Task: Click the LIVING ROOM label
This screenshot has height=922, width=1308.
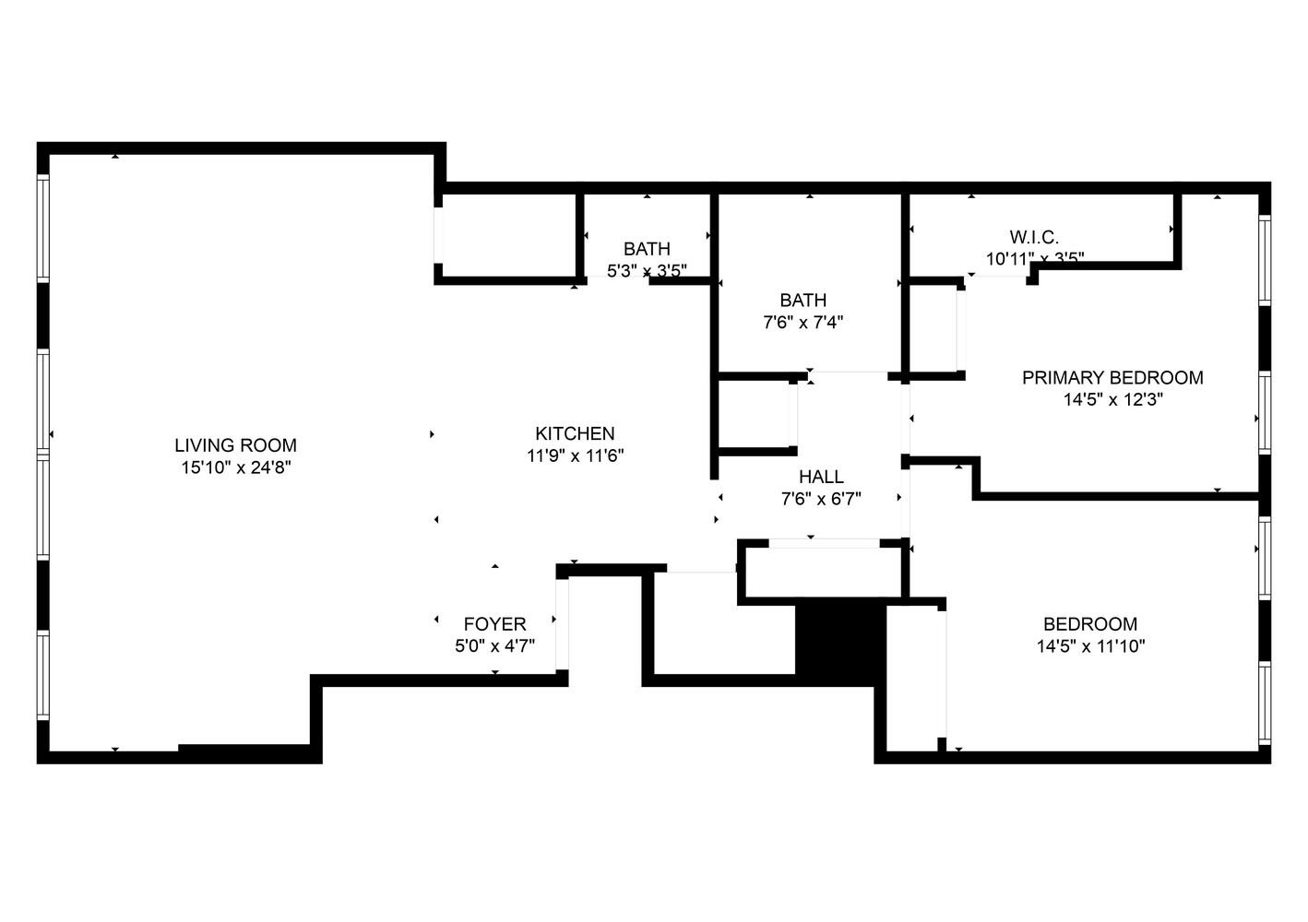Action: [235, 446]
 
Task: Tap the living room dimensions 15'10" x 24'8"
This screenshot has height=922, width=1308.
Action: [235, 468]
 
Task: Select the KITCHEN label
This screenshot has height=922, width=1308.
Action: [575, 433]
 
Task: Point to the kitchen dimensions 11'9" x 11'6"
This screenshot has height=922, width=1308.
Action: [575, 455]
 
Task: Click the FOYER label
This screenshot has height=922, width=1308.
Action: [494, 624]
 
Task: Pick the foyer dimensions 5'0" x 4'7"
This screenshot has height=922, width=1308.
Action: [494, 646]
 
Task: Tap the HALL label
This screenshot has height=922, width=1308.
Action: [821, 477]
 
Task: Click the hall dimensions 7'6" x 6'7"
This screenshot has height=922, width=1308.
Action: [821, 500]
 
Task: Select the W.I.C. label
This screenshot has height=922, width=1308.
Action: [1034, 238]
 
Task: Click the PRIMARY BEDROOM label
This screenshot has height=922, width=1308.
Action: [1112, 378]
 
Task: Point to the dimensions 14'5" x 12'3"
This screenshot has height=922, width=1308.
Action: [1112, 400]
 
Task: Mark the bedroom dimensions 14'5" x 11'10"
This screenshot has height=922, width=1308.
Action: [1090, 646]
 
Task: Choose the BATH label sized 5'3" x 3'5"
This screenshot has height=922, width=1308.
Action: [647, 249]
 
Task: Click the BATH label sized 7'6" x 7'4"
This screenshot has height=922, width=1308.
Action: [803, 301]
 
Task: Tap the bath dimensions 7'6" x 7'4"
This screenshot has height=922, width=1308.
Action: [803, 323]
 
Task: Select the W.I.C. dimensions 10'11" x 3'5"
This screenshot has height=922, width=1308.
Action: [1034, 259]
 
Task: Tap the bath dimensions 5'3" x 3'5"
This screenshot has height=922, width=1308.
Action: [647, 271]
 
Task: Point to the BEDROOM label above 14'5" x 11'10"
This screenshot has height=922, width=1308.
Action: [1090, 624]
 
